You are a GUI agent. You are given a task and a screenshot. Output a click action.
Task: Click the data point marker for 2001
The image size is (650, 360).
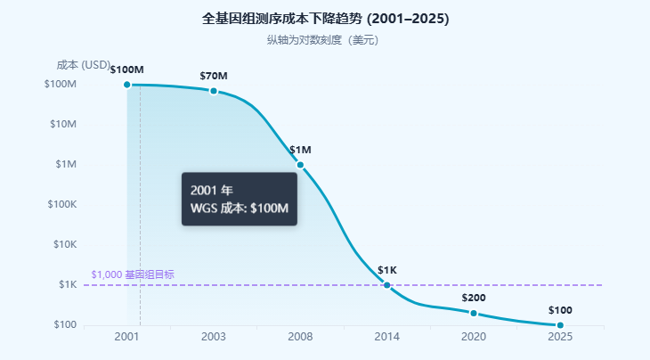127,85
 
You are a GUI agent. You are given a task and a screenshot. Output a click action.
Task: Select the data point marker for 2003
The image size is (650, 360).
214,91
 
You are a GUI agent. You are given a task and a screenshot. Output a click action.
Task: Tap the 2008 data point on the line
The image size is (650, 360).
300,165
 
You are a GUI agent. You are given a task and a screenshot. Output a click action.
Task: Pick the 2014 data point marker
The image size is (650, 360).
386,285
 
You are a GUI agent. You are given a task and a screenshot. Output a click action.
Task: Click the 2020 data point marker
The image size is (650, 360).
474,313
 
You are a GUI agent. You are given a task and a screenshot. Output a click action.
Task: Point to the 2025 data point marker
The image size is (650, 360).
560,325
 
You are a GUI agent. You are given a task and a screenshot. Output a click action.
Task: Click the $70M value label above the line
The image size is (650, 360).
214,76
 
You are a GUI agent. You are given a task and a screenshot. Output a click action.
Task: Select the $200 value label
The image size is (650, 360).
474,298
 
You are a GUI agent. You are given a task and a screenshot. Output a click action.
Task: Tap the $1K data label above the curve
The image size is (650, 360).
387,270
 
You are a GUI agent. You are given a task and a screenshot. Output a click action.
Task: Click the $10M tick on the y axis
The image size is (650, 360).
63,124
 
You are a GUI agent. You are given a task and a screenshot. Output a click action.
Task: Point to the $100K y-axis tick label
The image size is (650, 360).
62,204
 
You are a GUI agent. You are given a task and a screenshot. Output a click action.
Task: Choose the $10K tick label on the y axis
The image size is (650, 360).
65,244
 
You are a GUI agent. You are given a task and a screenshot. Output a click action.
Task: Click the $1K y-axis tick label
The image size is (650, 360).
68,284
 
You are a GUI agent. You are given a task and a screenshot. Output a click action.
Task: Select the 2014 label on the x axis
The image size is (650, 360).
386,336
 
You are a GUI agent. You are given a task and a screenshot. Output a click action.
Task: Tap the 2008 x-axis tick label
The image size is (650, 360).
300,336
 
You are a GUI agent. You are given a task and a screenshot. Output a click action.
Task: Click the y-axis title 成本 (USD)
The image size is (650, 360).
84,65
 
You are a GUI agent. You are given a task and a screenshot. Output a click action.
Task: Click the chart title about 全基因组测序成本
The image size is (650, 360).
325,19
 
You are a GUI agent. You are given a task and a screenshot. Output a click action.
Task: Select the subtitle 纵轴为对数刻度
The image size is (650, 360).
323,40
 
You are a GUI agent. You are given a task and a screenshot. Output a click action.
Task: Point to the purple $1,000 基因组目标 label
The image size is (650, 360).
133,274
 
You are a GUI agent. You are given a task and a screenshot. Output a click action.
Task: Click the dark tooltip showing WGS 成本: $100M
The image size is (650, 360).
240,199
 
